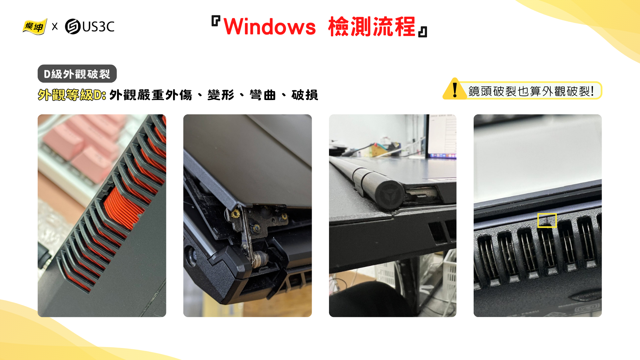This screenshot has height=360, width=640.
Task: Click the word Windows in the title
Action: click(x=270, y=27)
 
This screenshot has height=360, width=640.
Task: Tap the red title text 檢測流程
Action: click(x=372, y=27)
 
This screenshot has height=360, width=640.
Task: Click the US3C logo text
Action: click(x=98, y=27)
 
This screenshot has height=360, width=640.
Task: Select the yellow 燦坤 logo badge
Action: click(x=35, y=27)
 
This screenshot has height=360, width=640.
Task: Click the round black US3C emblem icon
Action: click(x=73, y=27)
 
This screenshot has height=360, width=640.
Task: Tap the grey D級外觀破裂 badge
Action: click(x=77, y=74)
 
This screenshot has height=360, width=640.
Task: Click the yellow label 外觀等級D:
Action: click(x=72, y=95)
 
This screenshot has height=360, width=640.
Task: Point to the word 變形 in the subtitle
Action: click(x=221, y=95)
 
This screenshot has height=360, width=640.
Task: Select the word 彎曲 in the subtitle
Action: click(x=263, y=95)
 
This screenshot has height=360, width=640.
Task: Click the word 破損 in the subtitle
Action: click(x=305, y=95)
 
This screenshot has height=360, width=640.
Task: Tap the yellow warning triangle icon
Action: click(x=455, y=89)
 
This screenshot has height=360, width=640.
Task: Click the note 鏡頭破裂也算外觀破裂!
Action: click(x=531, y=91)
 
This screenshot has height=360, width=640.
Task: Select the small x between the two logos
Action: click(x=55, y=27)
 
